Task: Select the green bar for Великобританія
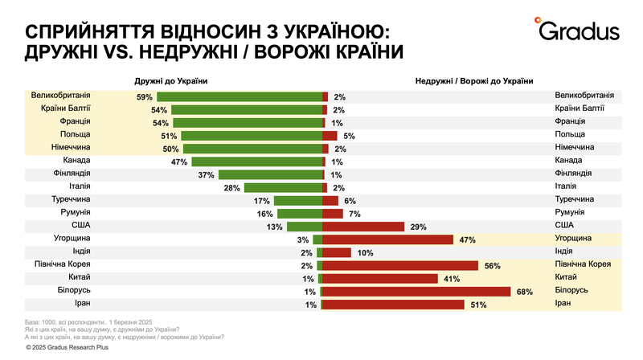(239, 96)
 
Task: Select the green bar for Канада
(256, 162)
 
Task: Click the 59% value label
(145, 96)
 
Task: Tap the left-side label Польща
(75, 135)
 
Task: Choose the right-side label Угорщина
(575, 239)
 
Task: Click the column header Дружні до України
(171, 80)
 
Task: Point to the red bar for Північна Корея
(400, 265)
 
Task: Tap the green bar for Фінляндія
(270, 174)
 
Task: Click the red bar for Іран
(393, 304)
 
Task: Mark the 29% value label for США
(419, 226)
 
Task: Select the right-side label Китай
(567, 277)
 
